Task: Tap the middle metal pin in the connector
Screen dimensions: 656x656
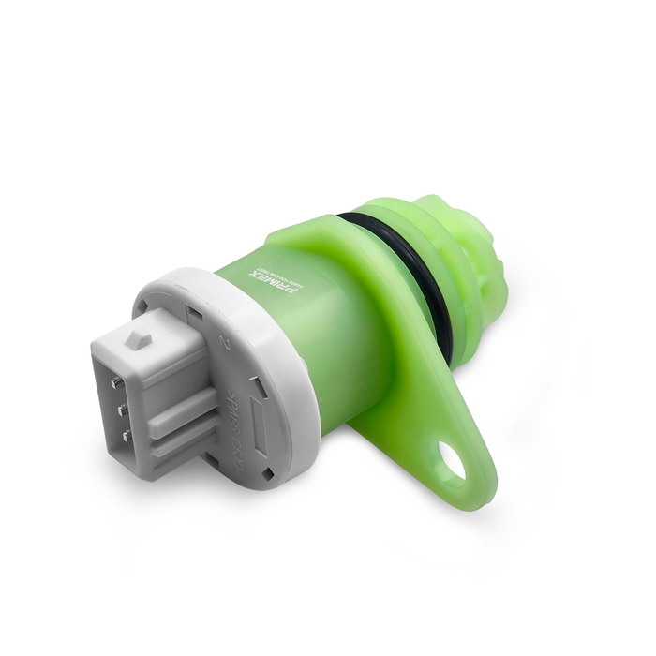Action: tap(121, 410)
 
